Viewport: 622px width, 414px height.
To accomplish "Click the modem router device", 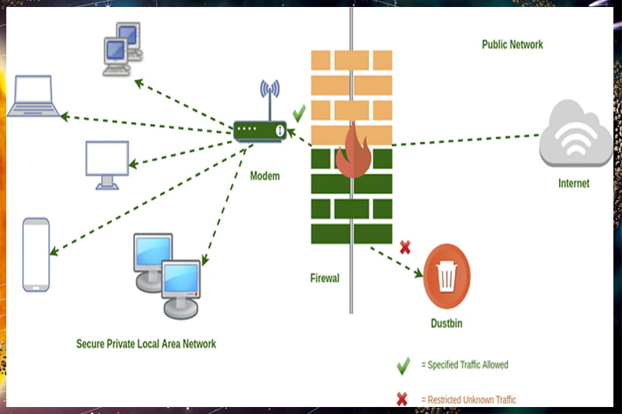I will click(260, 130).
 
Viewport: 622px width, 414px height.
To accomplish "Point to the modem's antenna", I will click(270, 97).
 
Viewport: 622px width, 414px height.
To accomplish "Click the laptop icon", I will click(33, 97).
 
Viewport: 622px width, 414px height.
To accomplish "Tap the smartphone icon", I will click(36, 255).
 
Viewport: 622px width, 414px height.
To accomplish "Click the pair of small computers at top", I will click(121, 47).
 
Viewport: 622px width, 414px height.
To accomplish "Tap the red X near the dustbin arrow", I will click(404, 248).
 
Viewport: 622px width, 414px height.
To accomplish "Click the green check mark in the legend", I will click(403, 364).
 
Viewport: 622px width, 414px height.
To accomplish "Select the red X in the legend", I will click(402, 399).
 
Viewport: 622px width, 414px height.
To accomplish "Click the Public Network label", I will click(512, 44).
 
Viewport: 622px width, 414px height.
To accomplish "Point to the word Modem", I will click(264, 176).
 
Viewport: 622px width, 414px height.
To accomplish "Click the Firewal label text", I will click(324, 278).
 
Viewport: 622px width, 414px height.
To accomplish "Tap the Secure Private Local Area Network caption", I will click(146, 343).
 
